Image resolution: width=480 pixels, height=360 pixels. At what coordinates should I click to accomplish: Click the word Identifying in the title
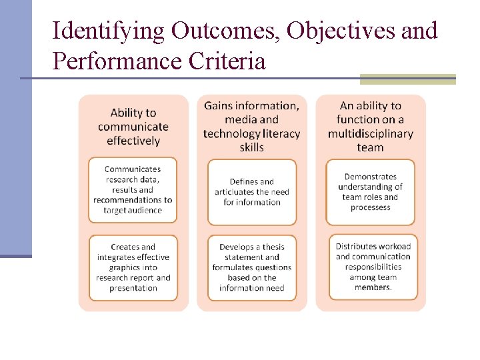point(108,31)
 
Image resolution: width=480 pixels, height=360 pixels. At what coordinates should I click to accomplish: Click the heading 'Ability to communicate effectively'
point(133,127)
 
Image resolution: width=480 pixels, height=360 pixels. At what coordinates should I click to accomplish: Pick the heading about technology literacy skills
point(251,127)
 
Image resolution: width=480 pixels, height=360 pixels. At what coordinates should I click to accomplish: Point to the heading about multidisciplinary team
point(370,127)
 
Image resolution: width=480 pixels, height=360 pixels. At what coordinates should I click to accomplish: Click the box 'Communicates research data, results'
point(133,190)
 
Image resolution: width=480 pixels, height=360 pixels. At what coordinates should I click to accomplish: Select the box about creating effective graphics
point(133,267)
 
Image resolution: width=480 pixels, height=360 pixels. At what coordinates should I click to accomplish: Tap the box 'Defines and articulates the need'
point(251,191)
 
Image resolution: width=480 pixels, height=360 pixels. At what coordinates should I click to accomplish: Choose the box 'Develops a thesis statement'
point(251,267)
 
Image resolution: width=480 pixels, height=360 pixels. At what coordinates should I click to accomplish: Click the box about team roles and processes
point(370,191)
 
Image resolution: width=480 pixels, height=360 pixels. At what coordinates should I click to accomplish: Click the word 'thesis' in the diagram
point(267,247)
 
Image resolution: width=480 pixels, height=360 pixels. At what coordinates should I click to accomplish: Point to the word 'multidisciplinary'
point(370,134)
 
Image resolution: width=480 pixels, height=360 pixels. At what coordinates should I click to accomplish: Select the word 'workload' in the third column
point(391,247)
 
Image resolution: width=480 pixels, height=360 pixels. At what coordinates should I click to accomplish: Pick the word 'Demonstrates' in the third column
point(370,177)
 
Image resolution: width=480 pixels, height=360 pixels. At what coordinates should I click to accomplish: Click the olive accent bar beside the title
point(407,79)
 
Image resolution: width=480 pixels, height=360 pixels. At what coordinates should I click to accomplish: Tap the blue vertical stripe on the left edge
point(15,127)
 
